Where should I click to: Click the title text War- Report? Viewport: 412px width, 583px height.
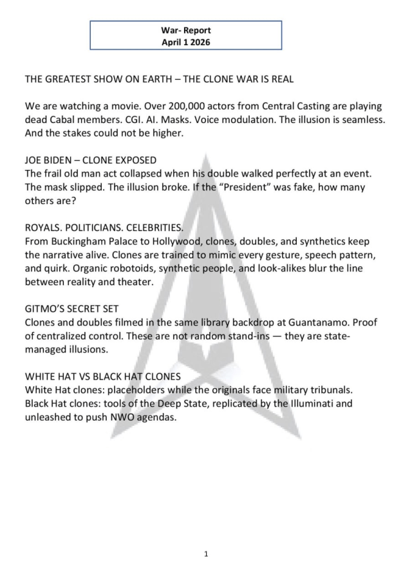(185, 30)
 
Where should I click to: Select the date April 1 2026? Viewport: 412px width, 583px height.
(185, 42)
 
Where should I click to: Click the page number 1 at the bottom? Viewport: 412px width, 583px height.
(205, 553)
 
